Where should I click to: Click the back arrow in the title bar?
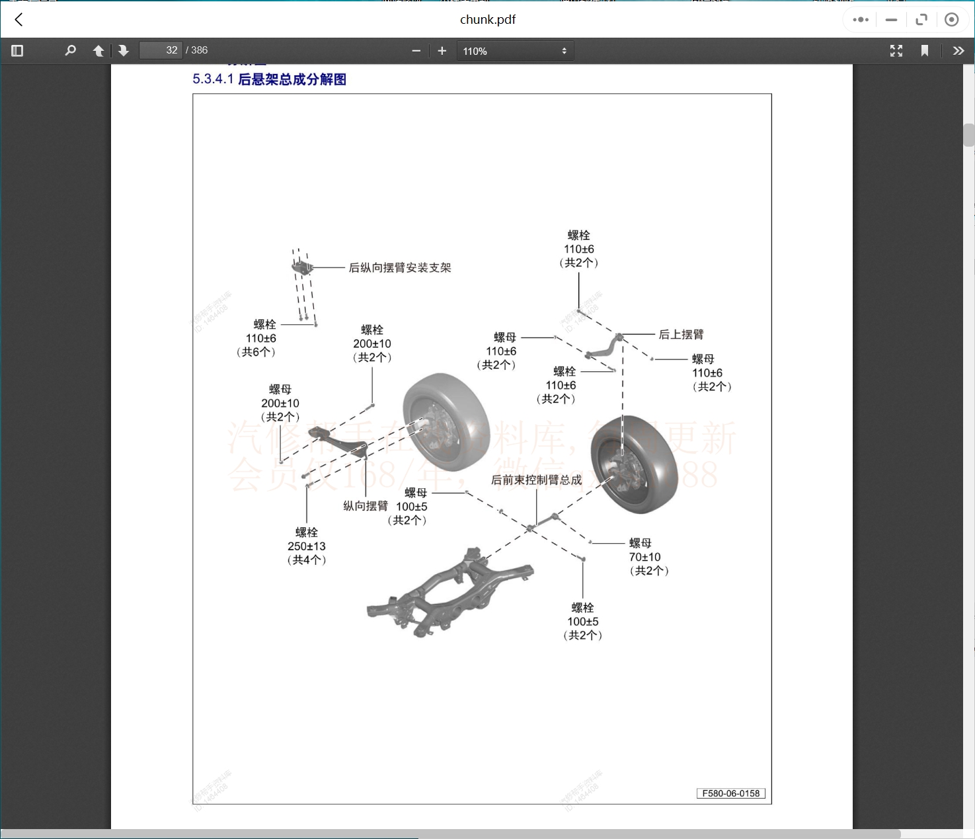(19, 20)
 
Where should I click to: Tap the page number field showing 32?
(161, 50)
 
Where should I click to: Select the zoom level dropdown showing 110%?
(515, 51)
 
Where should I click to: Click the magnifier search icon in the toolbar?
(70, 50)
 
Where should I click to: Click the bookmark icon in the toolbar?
(925, 51)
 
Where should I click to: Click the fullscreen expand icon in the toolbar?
(896, 51)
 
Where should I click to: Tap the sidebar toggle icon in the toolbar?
(18, 51)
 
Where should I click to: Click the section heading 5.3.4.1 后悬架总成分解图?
(269, 79)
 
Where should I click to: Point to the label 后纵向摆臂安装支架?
(400, 268)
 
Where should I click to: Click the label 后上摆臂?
(681, 334)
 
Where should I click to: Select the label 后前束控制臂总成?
(536, 480)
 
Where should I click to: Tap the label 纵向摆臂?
(365, 506)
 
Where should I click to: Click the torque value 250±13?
(307, 546)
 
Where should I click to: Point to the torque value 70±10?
(644, 557)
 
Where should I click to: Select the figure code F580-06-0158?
(730, 793)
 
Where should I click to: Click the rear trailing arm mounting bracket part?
(302, 267)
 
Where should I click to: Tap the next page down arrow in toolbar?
(124, 51)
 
